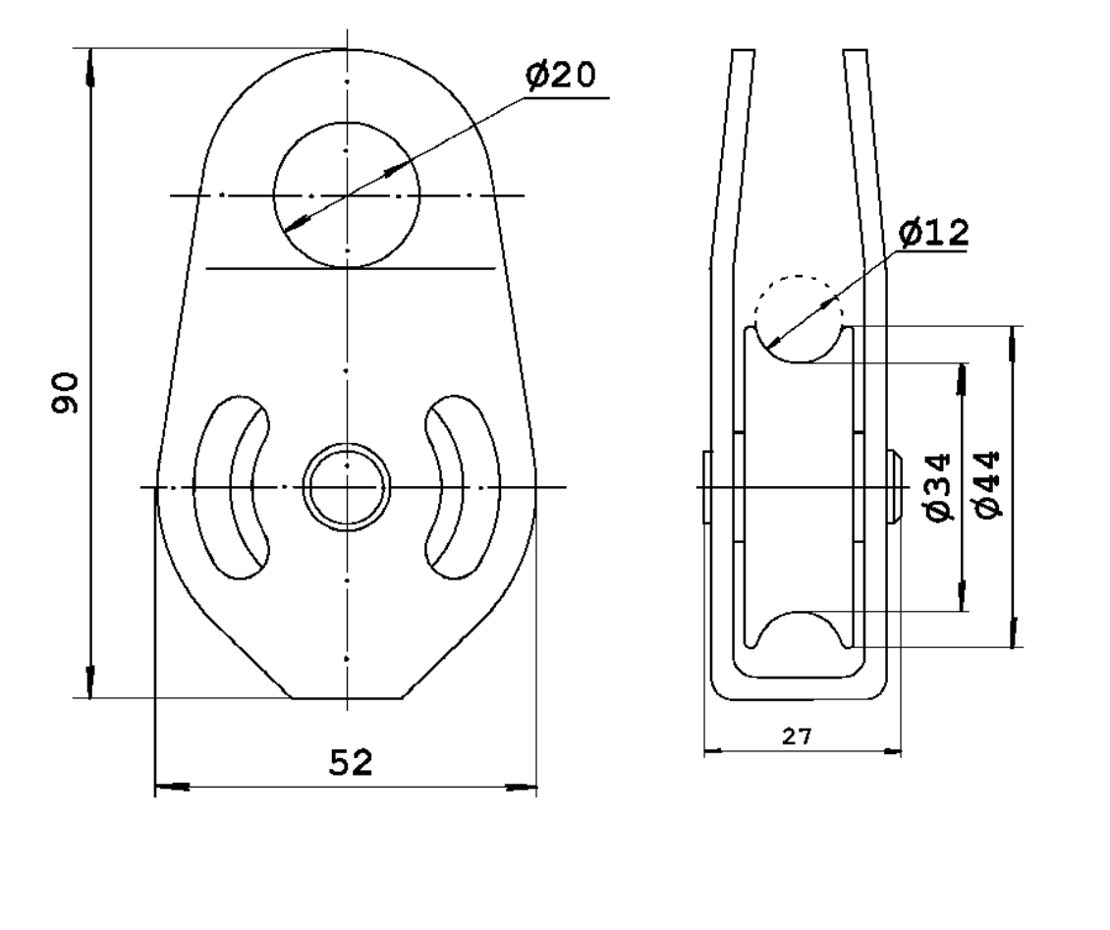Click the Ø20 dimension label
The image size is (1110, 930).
(x=561, y=75)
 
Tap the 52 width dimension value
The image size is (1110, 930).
(x=351, y=762)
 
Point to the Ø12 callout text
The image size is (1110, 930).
(x=934, y=233)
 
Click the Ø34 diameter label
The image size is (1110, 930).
(x=938, y=488)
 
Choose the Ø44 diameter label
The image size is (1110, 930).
(x=988, y=485)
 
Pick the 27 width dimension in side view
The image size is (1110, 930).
(x=797, y=737)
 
